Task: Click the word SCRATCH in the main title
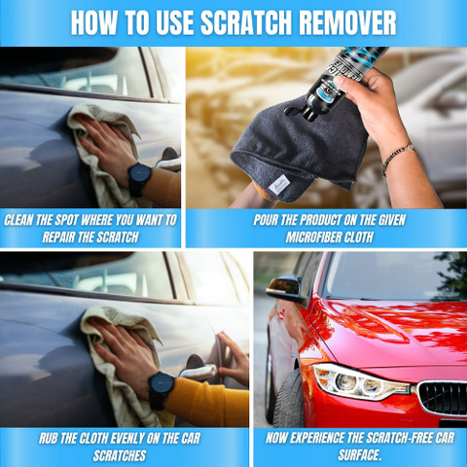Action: (246, 22)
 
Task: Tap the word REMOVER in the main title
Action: (347, 22)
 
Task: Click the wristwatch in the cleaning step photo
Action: (139, 179)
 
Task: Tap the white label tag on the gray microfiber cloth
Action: (279, 185)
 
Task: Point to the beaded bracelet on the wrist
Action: (397, 157)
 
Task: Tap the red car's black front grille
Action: (443, 398)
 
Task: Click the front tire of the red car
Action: (289, 398)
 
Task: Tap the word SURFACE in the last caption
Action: (358, 454)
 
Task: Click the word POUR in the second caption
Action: (266, 220)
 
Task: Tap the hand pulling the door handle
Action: (233, 359)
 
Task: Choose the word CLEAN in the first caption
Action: (18, 220)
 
